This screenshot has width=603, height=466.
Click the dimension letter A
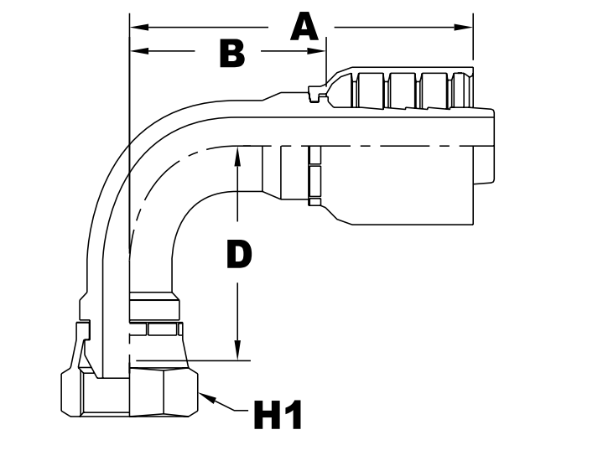(x=304, y=27)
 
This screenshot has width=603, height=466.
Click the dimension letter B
(x=231, y=53)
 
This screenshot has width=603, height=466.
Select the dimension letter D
(x=238, y=255)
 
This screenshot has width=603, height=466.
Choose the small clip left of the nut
(x=81, y=344)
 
